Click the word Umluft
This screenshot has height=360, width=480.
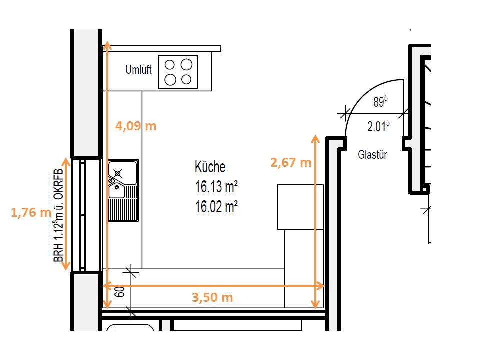pyautogui.click(x=138, y=70)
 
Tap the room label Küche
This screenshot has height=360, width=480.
pyautogui.click(x=210, y=167)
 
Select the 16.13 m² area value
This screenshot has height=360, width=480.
pyautogui.click(x=216, y=187)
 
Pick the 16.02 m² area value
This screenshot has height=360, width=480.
pyautogui.click(x=216, y=206)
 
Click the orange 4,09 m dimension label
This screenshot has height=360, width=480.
pyautogui.click(x=136, y=126)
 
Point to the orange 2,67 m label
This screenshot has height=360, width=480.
pyautogui.click(x=291, y=162)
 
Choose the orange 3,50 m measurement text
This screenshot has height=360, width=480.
pyautogui.click(x=212, y=297)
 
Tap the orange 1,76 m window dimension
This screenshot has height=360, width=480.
pyautogui.click(x=31, y=212)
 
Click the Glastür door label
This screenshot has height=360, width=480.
pyautogui.click(x=372, y=154)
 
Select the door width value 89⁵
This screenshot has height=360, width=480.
pyautogui.click(x=380, y=101)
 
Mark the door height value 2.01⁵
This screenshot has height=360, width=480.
pyautogui.click(x=378, y=126)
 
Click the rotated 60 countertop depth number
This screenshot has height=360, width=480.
pyautogui.click(x=120, y=291)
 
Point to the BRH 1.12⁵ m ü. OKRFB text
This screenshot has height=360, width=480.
pyautogui.click(x=58, y=215)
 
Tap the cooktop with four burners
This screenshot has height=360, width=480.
pyautogui.click(x=178, y=72)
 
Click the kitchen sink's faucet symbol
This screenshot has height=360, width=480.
pyautogui.click(x=117, y=174)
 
